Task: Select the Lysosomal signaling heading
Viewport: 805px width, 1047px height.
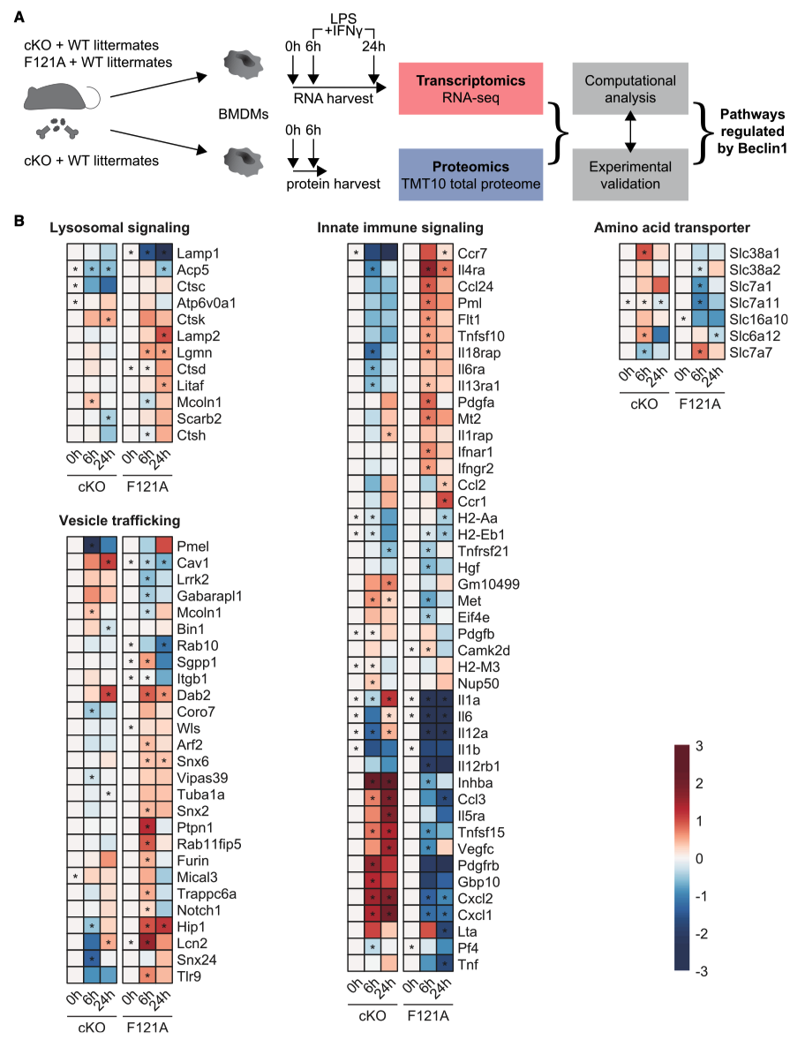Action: (x=120, y=228)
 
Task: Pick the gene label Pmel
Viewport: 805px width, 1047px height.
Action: (x=194, y=546)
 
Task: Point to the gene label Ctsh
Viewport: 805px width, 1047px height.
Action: (x=194, y=435)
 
